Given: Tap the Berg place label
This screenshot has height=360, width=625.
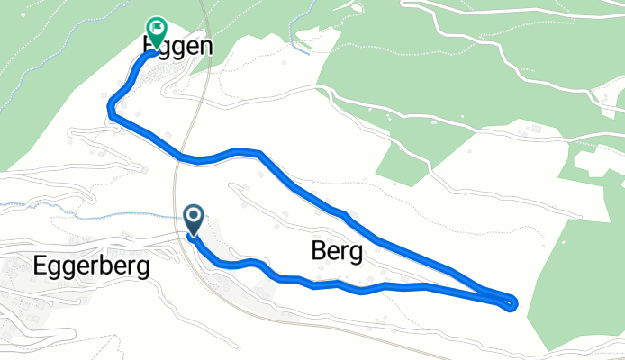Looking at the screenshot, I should coord(337,253).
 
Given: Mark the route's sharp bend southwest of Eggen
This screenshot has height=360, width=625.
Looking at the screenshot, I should coord(111,107).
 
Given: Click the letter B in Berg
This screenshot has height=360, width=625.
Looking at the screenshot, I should coord(318,253).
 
